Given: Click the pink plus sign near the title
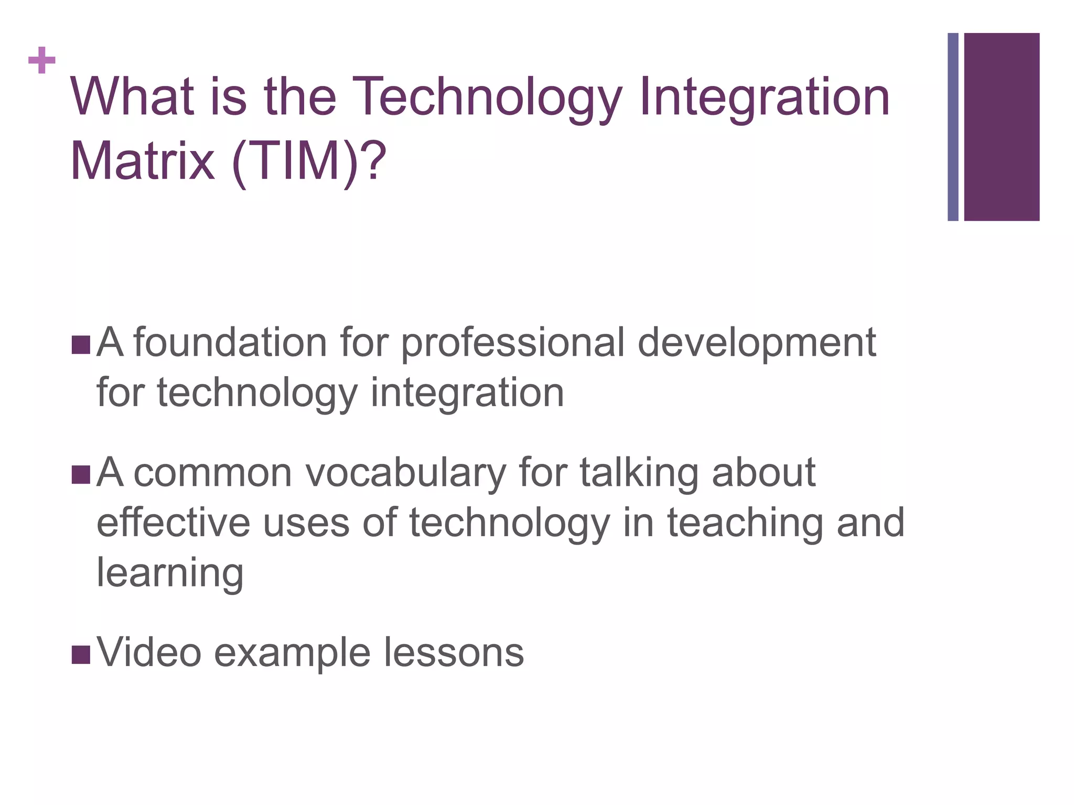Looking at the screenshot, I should [42, 61].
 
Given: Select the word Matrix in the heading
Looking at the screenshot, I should [142, 161].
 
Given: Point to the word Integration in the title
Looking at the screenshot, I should [764, 98].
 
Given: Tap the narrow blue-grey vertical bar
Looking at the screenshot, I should [953, 127].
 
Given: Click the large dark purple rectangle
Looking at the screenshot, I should [1002, 127].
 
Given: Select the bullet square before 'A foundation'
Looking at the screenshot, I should [81, 345].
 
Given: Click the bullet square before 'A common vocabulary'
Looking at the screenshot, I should [81, 474].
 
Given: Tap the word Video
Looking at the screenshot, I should [149, 653].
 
